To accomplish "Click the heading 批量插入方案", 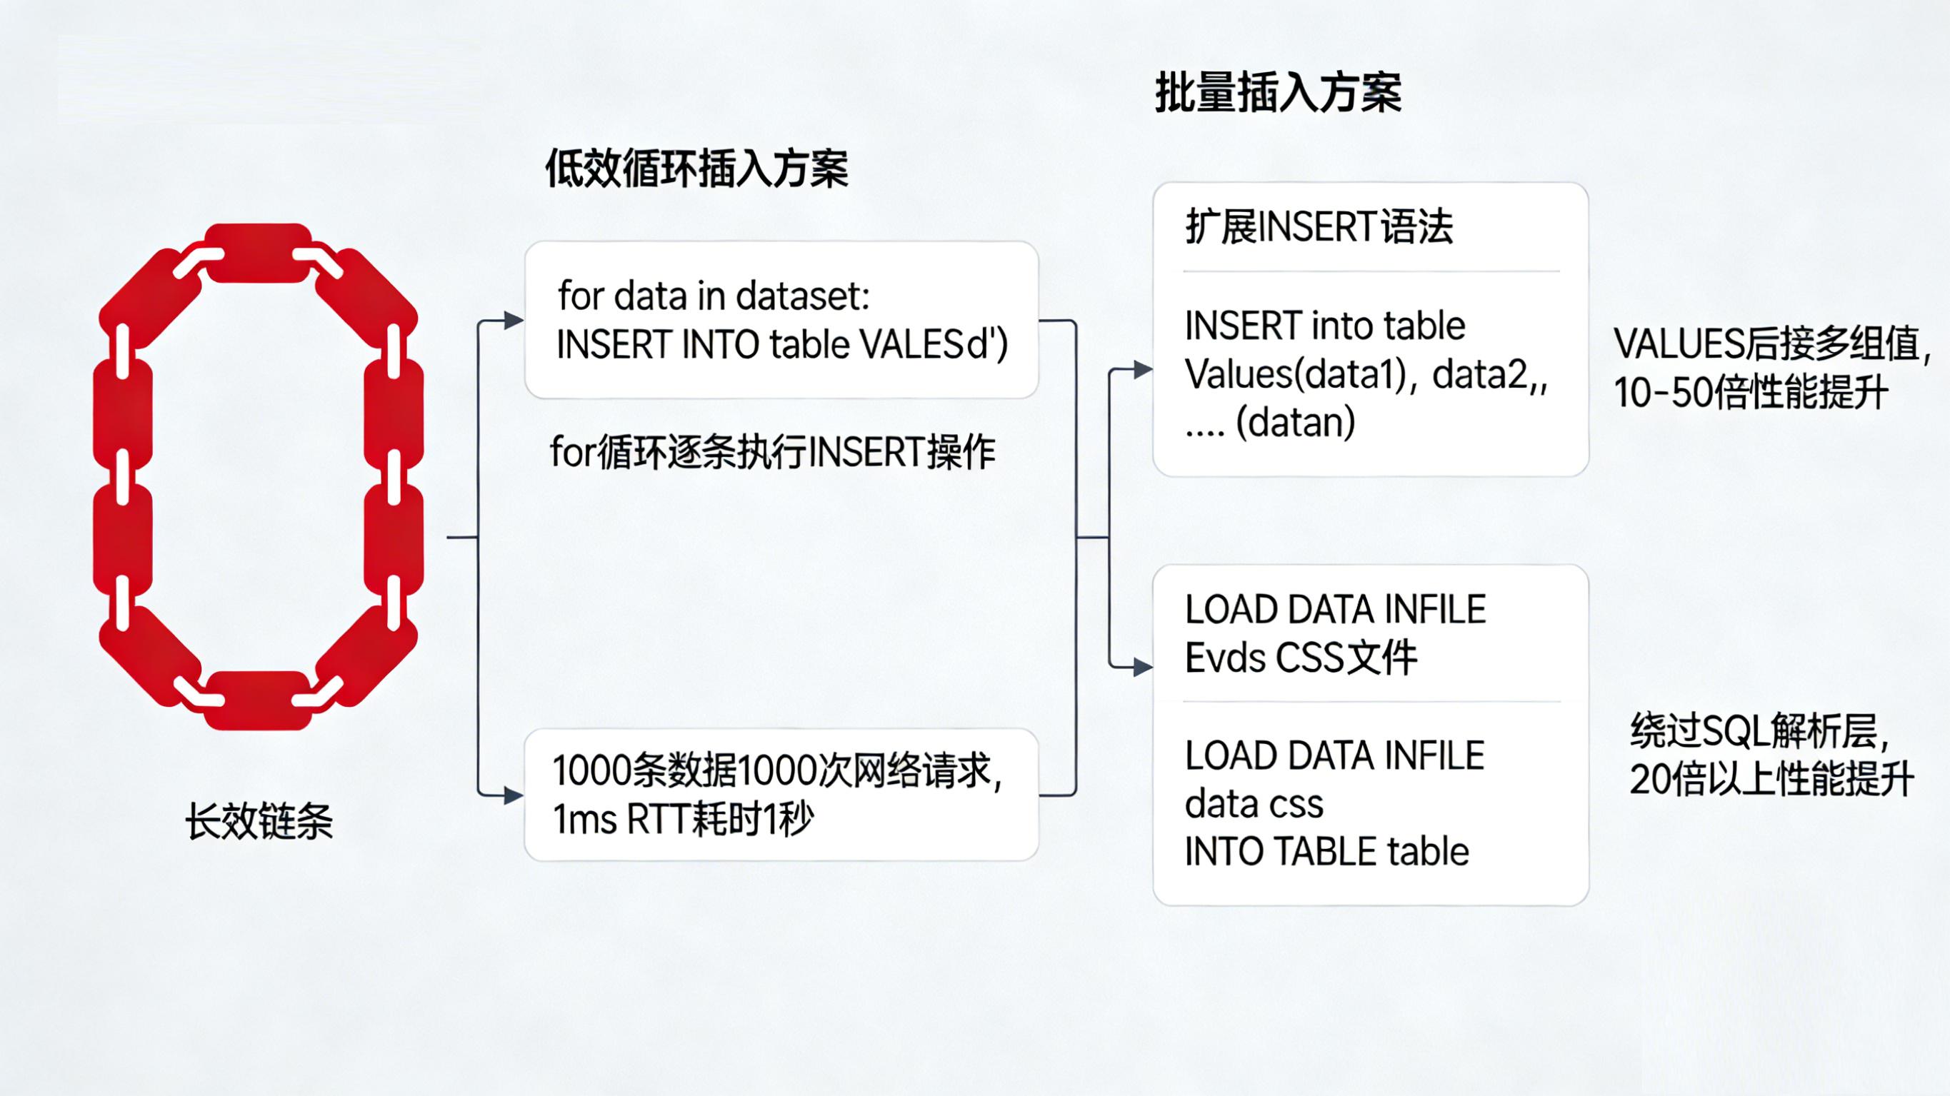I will [x=1278, y=93].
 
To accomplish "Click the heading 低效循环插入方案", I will [x=696, y=168].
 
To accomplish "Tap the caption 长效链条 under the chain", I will [x=259, y=821].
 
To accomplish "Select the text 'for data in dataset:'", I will [x=714, y=296].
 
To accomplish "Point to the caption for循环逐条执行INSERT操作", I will [x=772, y=453].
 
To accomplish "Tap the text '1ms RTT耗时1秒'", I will [x=683, y=819].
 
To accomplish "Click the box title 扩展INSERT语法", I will [x=1319, y=226].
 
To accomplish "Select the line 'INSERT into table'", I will [x=1325, y=326].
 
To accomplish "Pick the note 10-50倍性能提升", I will [x=1750, y=393].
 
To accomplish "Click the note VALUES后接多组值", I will [x=1771, y=344].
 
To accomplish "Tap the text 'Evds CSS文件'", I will [x=1301, y=658].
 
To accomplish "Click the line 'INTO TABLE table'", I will [x=1326, y=852].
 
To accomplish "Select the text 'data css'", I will [x=1254, y=804].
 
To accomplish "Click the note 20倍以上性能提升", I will [x=1771, y=779].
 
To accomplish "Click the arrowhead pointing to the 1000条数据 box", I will [x=514, y=795].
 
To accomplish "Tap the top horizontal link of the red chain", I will [x=259, y=253].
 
